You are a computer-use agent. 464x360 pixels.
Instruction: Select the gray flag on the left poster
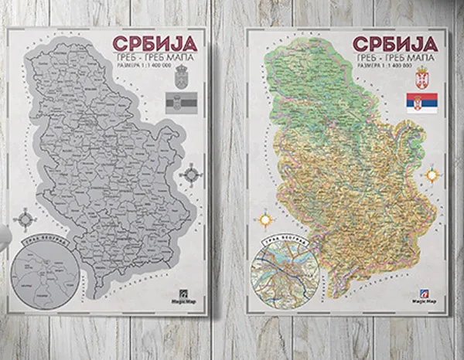pyautogui.click(x=183, y=103)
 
